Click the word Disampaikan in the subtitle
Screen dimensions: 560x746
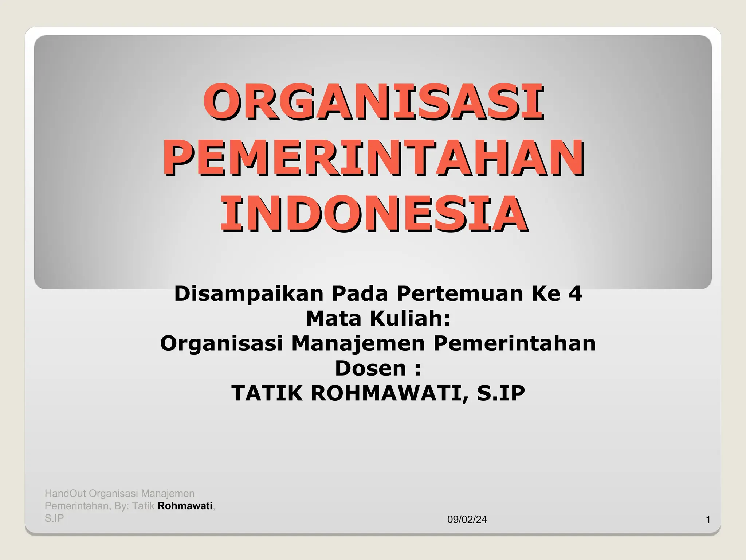pos(249,294)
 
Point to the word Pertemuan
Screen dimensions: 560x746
pos(460,294)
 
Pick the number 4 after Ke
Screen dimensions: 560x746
pos(575,294)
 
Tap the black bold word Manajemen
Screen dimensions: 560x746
pos(358,343)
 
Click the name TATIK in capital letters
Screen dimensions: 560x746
pos(267,393)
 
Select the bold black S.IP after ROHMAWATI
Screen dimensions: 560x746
pos(501,393)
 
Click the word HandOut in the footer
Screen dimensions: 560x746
pos(66,494)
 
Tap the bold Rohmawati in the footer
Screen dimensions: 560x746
pos(185,506)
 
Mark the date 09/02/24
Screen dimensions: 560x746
pos(467,520)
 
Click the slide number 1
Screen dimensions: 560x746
pos(708,520)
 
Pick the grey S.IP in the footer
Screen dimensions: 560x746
pos(54,518)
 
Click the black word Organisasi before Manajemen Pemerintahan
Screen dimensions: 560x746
pos(221,343)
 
